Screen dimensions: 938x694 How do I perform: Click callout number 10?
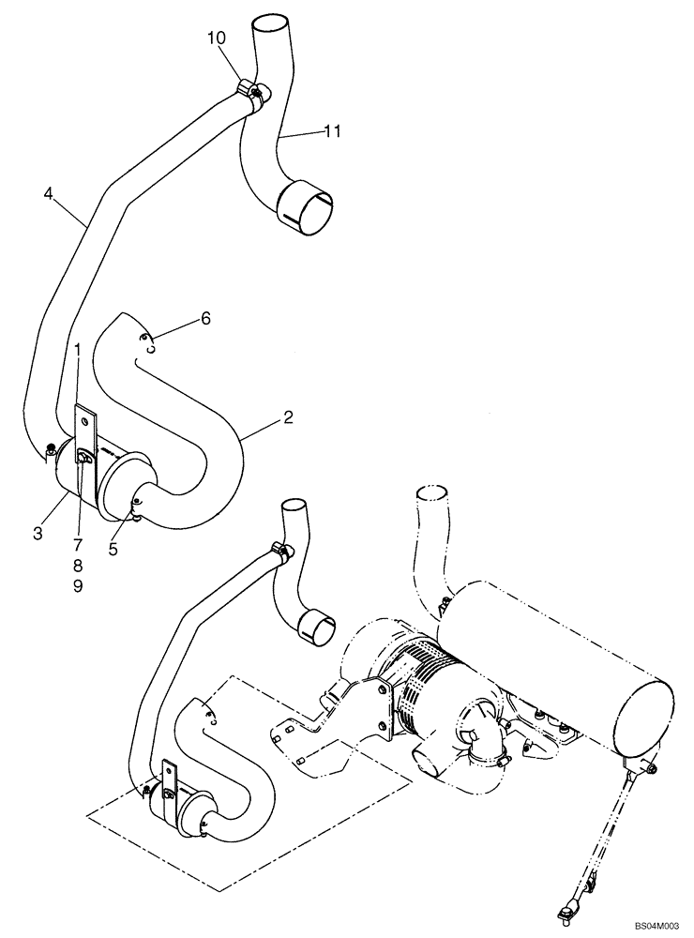(x=217, y=38)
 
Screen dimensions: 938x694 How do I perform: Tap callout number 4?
(x=48, y=194)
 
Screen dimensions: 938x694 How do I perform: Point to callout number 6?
(x=204, y=319)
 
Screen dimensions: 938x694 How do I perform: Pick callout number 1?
(x=79, y=349)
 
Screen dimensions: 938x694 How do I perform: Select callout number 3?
(x=38, y=534)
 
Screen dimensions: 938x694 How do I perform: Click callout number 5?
(x=113, y=551)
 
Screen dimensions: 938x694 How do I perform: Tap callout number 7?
(x=78, y=545)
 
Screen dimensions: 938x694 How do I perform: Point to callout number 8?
(x=78, y=566)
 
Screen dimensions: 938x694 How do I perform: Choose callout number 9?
(x=78, y=586)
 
